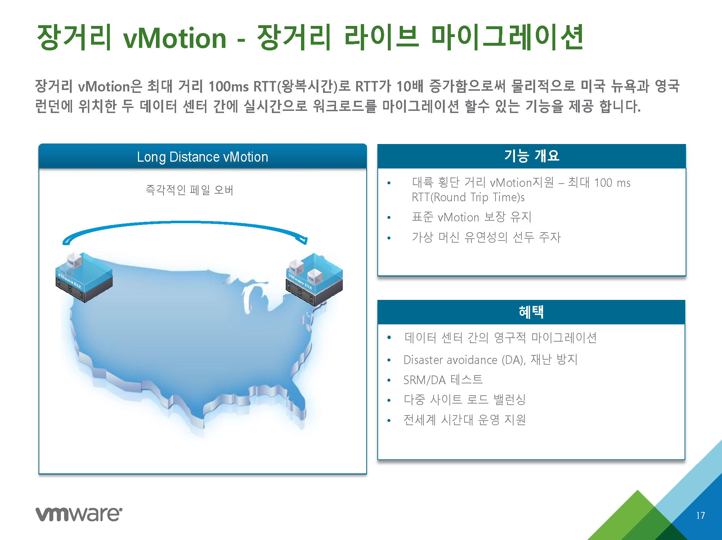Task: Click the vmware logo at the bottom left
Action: [79, 514]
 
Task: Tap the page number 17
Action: [700, 516]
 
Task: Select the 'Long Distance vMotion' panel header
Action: [202, 157]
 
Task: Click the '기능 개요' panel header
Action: [532, 156]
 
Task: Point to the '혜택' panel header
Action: [531, 312]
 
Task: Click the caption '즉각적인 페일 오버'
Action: [190, 190]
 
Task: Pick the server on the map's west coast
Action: [84, 277]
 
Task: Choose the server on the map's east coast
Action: [314, 279]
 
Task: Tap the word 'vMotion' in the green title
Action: [175, 38]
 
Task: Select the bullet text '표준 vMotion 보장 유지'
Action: [472, 217]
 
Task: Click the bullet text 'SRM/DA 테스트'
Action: [443, 380]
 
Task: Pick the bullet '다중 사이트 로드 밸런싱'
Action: [465, 400]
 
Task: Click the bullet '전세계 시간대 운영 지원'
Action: [465, 420]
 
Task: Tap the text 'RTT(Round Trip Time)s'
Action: [468, 197]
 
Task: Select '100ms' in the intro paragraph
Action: [229, 86]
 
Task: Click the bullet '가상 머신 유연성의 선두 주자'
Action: [486, 237]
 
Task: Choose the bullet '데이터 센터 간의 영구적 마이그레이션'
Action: [501, 338]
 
